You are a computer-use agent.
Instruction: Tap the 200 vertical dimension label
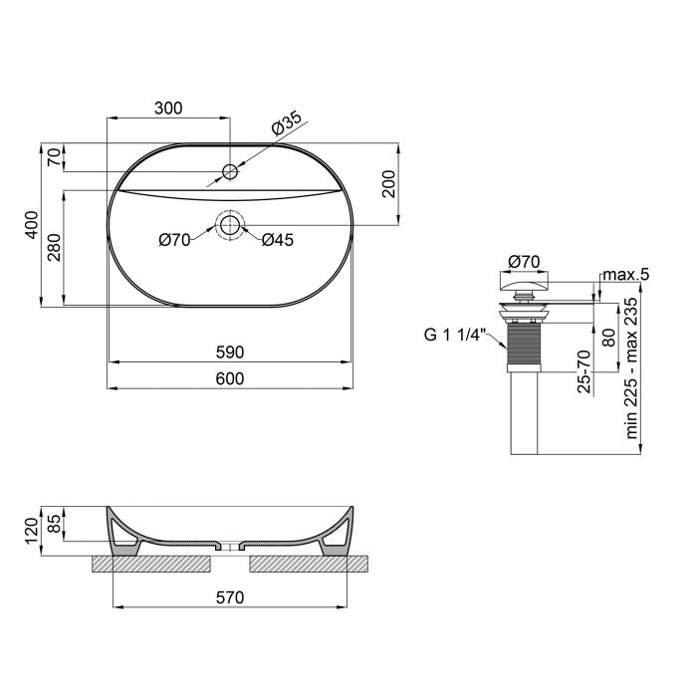click(389, 184)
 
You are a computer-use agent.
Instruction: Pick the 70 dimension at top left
click(55, 157)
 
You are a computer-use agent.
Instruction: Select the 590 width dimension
click(230, 352)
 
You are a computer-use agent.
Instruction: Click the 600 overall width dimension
click(230, 379)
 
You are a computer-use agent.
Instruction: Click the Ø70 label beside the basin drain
click(174, 239)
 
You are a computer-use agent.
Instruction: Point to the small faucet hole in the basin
click(230, 172)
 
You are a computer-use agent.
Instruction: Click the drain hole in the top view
click(230, 224)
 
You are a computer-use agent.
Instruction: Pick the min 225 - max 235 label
click(629, 369)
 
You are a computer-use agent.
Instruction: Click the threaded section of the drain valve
click(523, 343)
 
